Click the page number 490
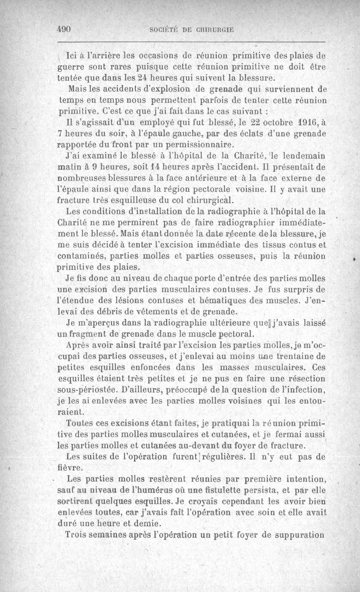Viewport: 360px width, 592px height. pos(65,29)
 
